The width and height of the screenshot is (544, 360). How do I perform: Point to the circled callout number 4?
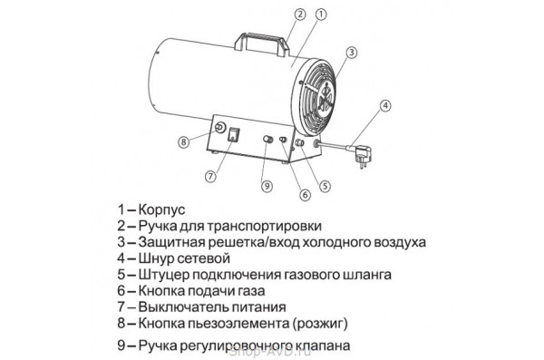click(385, 106)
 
